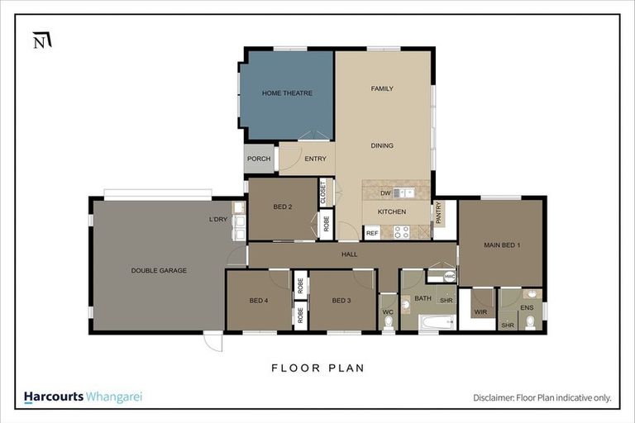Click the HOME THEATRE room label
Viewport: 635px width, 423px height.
(287, 93)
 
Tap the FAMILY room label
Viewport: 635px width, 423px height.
(382, 88)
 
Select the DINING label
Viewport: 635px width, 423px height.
(382, 146)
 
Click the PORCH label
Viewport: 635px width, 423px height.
(259, 159)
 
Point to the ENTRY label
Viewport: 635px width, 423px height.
(315, 159)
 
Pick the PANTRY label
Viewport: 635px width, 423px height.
(439, 213)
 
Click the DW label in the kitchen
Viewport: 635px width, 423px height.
(385, 193)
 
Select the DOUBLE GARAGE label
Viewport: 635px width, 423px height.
(159, 270)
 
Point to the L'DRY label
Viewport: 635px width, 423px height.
(218, 220)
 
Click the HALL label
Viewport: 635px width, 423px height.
(349, 254)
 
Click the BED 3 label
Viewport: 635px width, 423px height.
(342, 301)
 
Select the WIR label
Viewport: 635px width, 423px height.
(480, 312)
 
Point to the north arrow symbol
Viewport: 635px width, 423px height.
(41, 40)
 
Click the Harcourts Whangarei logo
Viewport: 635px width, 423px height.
(83, 397)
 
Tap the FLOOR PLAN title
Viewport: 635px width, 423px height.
(317, 368)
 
